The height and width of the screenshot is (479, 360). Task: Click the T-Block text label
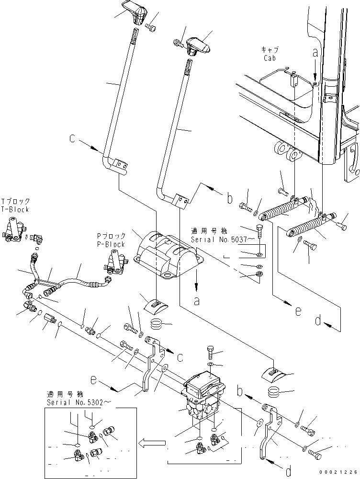15,210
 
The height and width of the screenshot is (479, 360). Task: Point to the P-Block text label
111,244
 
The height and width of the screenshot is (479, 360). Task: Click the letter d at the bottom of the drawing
288,472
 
